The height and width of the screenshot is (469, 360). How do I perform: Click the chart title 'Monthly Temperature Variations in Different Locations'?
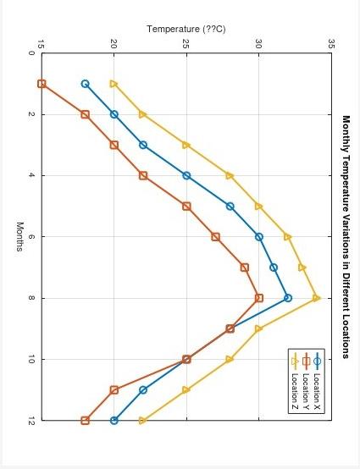[346, 236]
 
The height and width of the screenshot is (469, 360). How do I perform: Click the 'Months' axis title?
[19, 236]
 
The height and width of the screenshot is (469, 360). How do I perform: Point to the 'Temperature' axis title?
[186, 29]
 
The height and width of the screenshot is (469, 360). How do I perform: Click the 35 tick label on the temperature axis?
[331, 44]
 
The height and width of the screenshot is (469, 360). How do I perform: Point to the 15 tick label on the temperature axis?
[42, 44]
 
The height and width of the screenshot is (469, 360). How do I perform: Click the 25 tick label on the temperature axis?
[186, 44]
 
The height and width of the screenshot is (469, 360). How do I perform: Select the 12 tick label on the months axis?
[31, 421]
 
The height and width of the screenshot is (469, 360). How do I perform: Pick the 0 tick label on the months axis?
[31, 53]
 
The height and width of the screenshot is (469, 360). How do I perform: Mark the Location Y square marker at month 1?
[42, 84]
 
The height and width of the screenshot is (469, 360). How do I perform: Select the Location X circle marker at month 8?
[288, 298]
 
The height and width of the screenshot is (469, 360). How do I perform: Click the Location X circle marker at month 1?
[85, 84]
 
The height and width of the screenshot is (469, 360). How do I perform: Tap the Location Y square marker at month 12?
[85, 421]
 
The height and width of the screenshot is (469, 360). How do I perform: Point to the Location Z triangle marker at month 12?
[143, 421]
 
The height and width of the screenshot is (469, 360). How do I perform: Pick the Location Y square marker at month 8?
[259, 298]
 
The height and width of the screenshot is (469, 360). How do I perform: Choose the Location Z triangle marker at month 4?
[230, 175]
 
